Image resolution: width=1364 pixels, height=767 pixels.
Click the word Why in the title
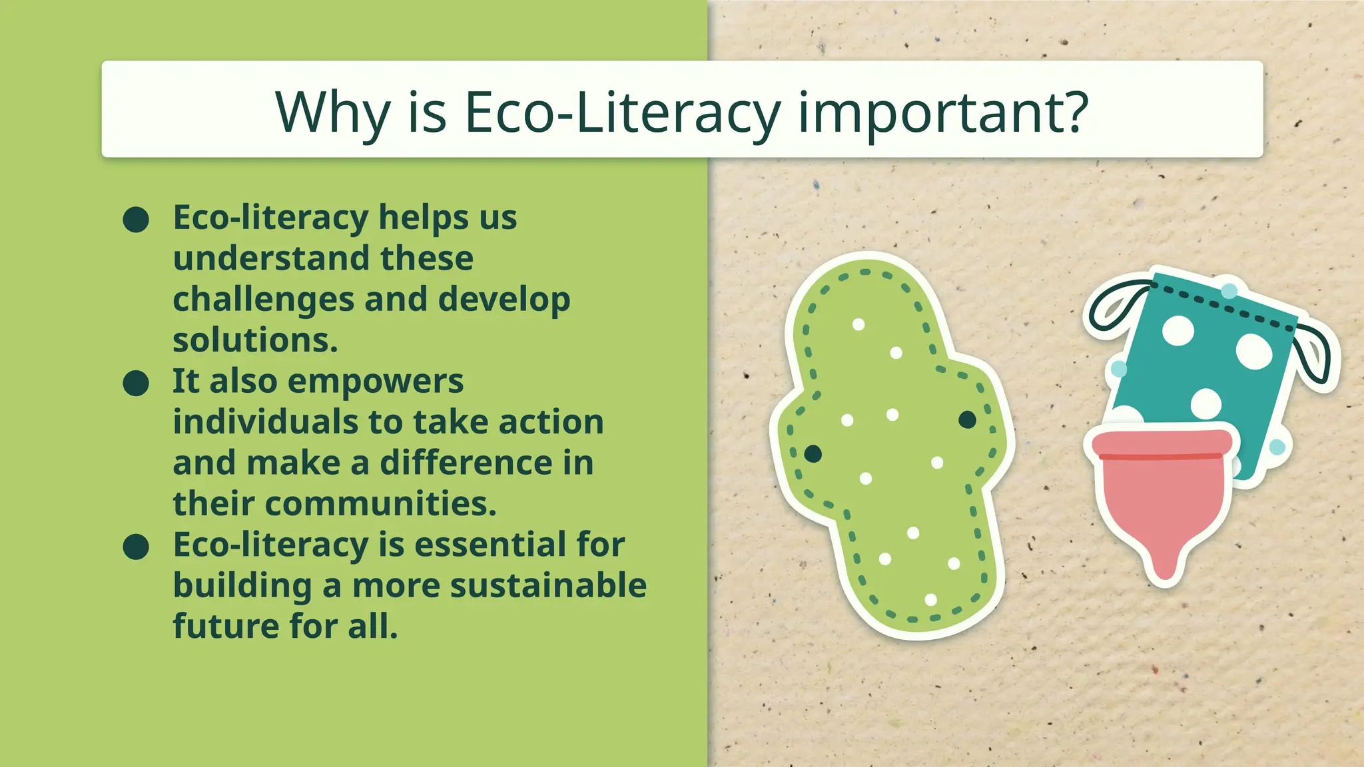click(332, 112)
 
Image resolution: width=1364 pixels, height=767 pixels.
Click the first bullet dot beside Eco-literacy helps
click(136, 220)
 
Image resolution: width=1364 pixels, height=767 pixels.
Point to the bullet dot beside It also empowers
click(136, 383)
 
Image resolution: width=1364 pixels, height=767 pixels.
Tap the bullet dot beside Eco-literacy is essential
click(136, 547)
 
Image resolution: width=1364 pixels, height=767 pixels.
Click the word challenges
click(263, 300)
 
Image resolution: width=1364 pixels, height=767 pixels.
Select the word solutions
click(255, 340)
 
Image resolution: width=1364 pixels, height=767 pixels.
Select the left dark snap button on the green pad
click(813, 454)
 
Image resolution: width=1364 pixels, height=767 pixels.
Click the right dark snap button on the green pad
click(967, 419)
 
